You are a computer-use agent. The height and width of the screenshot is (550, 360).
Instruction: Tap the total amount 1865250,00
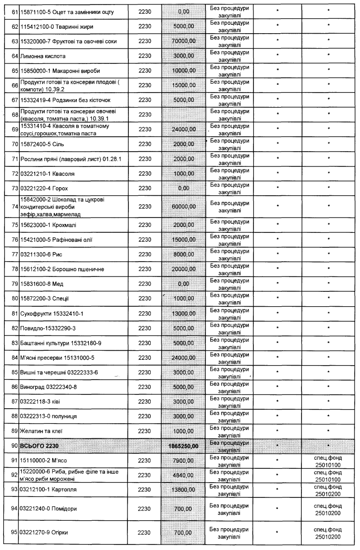pyautogui.click(x=181, y=446)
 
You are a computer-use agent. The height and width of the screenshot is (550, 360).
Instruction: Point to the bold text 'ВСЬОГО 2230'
pyautogui.click(x=43, y=446)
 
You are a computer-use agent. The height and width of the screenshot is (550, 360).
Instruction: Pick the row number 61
pyautogui.click(x=14, y=10)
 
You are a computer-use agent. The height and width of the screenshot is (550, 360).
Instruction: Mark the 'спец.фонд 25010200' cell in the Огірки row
pyautogui.click(x=328, y=533)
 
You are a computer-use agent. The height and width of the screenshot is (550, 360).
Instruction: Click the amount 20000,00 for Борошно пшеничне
pyautogui.click(x=181, y=269)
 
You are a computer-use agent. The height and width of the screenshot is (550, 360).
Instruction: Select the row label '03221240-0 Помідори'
pyautogui.click(x=49, y=508)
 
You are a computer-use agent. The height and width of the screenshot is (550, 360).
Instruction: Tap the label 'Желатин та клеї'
pyautogui.click(x=42, y=431)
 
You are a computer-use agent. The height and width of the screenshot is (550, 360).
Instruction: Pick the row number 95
pyautogui.click(x=14, y=533)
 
